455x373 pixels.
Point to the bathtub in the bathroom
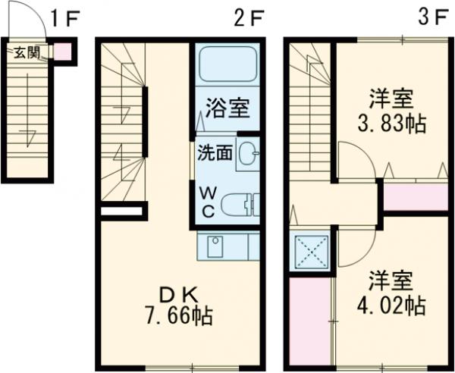coord(227,67)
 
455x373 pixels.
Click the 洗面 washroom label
coord(215,152)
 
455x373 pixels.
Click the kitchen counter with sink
coord(228,246)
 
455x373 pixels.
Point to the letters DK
coord(180,293)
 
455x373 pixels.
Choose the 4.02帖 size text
coord(391,306)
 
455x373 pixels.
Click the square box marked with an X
coord(310,251)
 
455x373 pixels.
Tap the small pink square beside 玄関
coord(64,52)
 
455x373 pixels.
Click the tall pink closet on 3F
coord(310,322)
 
